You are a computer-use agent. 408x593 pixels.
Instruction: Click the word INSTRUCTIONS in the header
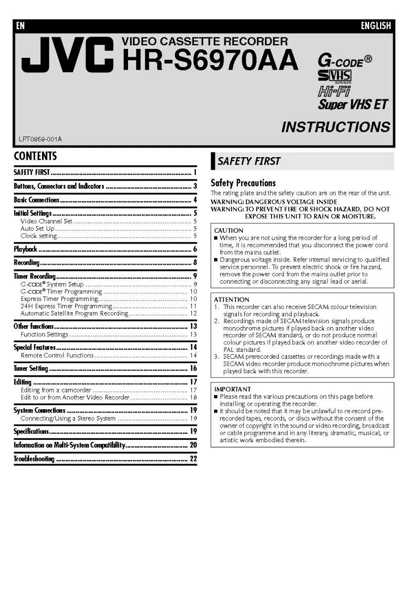coord(335,127)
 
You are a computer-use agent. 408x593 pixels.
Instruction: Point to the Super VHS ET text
coord(353,104)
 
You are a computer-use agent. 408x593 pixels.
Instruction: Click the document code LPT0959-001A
coord(41,139)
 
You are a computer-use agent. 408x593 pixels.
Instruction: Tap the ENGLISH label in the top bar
coord(375,26)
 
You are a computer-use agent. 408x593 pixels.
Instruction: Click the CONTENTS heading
coord(35,156)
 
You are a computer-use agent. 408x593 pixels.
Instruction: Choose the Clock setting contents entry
coord(39,236)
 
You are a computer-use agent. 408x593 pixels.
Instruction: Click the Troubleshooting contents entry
coord(34,459)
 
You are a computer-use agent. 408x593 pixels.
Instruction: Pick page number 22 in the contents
coord(193,459)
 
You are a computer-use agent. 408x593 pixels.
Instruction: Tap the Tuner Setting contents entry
coord(31,368)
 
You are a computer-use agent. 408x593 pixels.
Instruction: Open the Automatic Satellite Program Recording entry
coord(74,313)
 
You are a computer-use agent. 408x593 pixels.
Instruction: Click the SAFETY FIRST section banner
coord(249,161)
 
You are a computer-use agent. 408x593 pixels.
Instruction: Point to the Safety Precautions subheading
coord(243,183)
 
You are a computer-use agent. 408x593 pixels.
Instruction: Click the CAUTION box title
coord(228,231)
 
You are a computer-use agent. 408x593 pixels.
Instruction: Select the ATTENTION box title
coord(231,299)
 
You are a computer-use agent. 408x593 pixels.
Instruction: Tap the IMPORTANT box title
coord(232,389)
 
